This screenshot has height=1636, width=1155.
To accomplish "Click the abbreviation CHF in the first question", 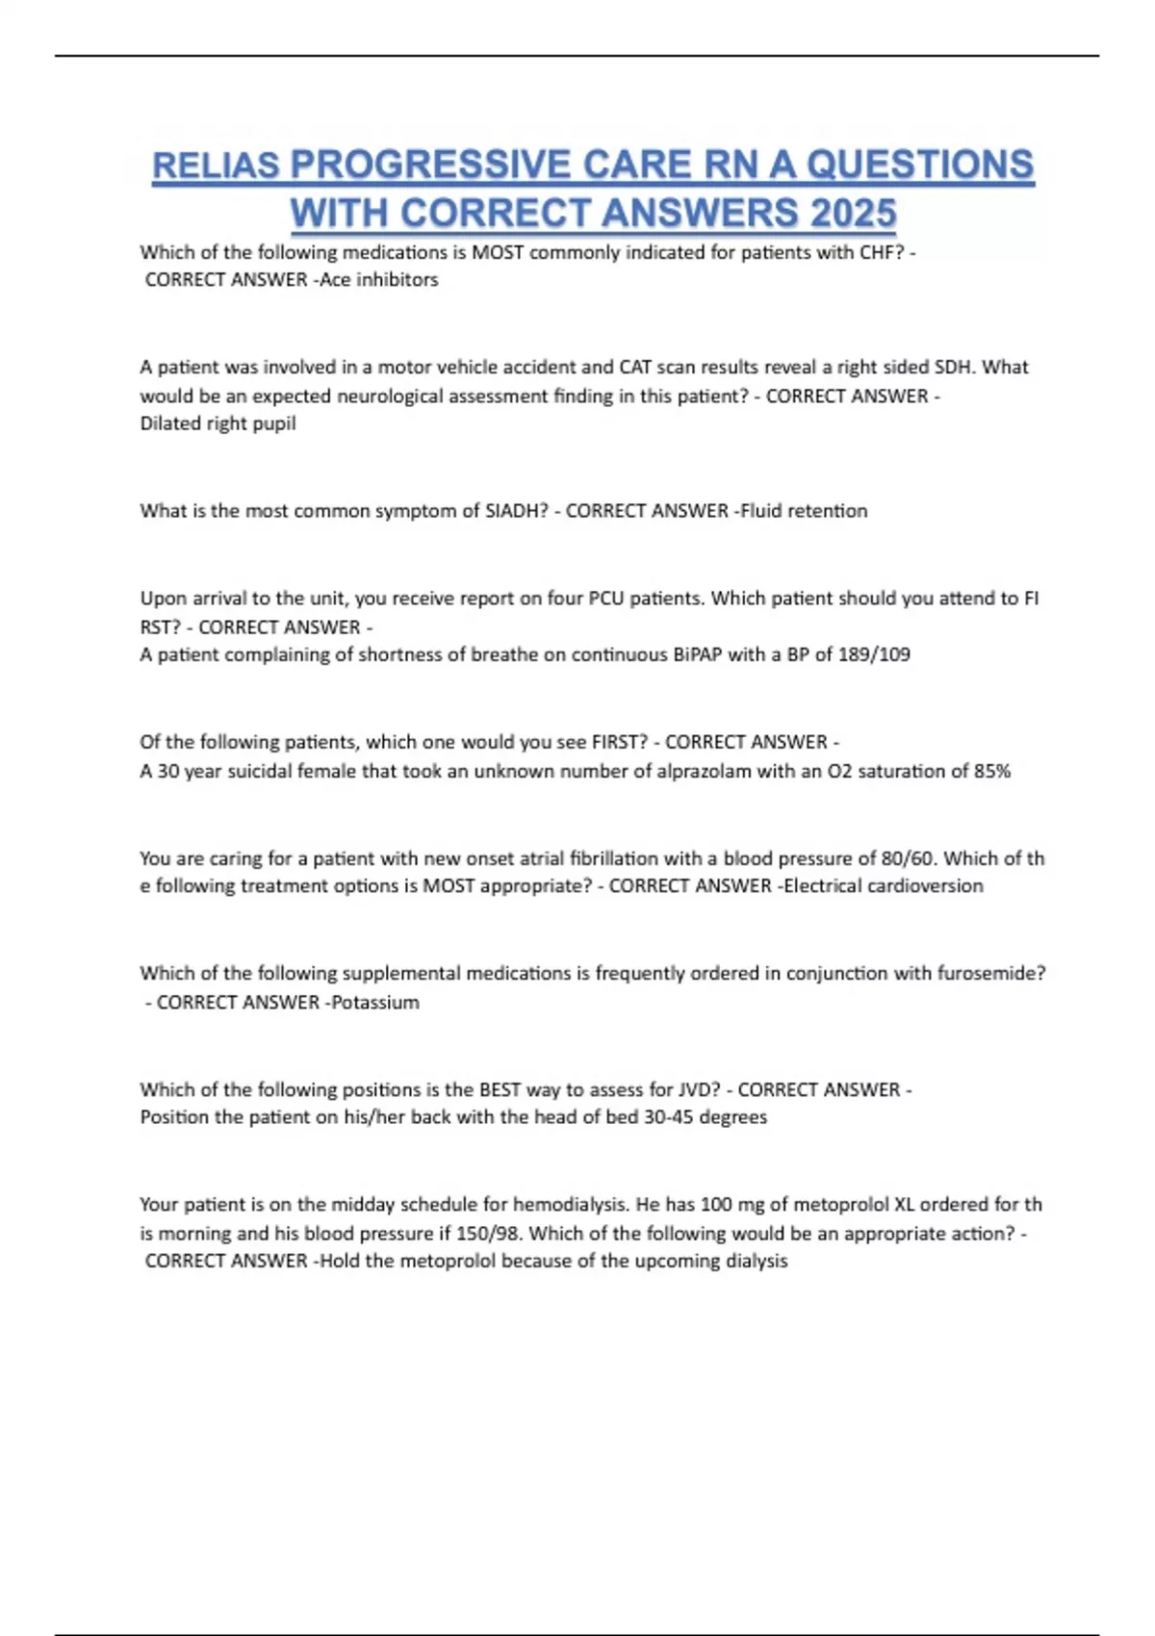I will pyautogui.click(x=877, y=252).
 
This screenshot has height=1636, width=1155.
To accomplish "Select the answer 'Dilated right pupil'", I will pyautogui.click(x=218, y=423).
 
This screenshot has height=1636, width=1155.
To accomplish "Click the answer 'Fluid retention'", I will pyautogui.click(x=804, y=511).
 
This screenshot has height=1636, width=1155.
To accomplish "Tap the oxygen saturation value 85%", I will pyautogui.click(x=991, y=771).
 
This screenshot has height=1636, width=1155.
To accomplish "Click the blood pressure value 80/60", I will pyautogui.click(x=908, y=858).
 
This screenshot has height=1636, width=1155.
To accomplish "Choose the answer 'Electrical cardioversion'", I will pyautogui.click(x=884, y=886).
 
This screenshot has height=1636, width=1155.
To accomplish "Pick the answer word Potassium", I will pyautogui.click(x=375, y=1003).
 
